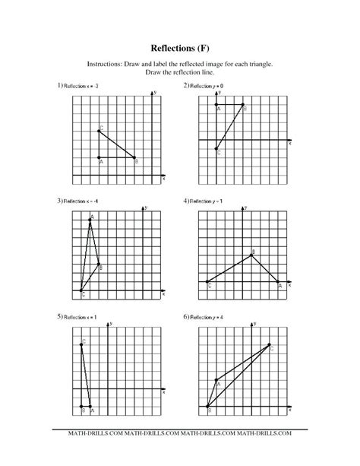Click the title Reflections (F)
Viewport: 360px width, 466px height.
pyautogui.click(x=179, y=48)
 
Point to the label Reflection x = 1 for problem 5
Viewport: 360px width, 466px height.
pyautogui.click(x=80, y=315)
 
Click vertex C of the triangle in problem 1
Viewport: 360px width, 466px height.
pyautogui.click(x=99, y=131)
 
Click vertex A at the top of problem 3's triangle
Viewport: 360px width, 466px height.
pyautogui.click(x=90, y=220)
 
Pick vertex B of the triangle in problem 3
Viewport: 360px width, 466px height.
pyautogui.click(x=99, y=264)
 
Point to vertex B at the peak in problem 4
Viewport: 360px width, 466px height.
pyautogui.click(x=252, y=255)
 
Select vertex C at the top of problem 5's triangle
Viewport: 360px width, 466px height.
pyautogui.click(x=81, y=344)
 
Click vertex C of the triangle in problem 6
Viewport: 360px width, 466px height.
pyautogui.click(x=270, y=344)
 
